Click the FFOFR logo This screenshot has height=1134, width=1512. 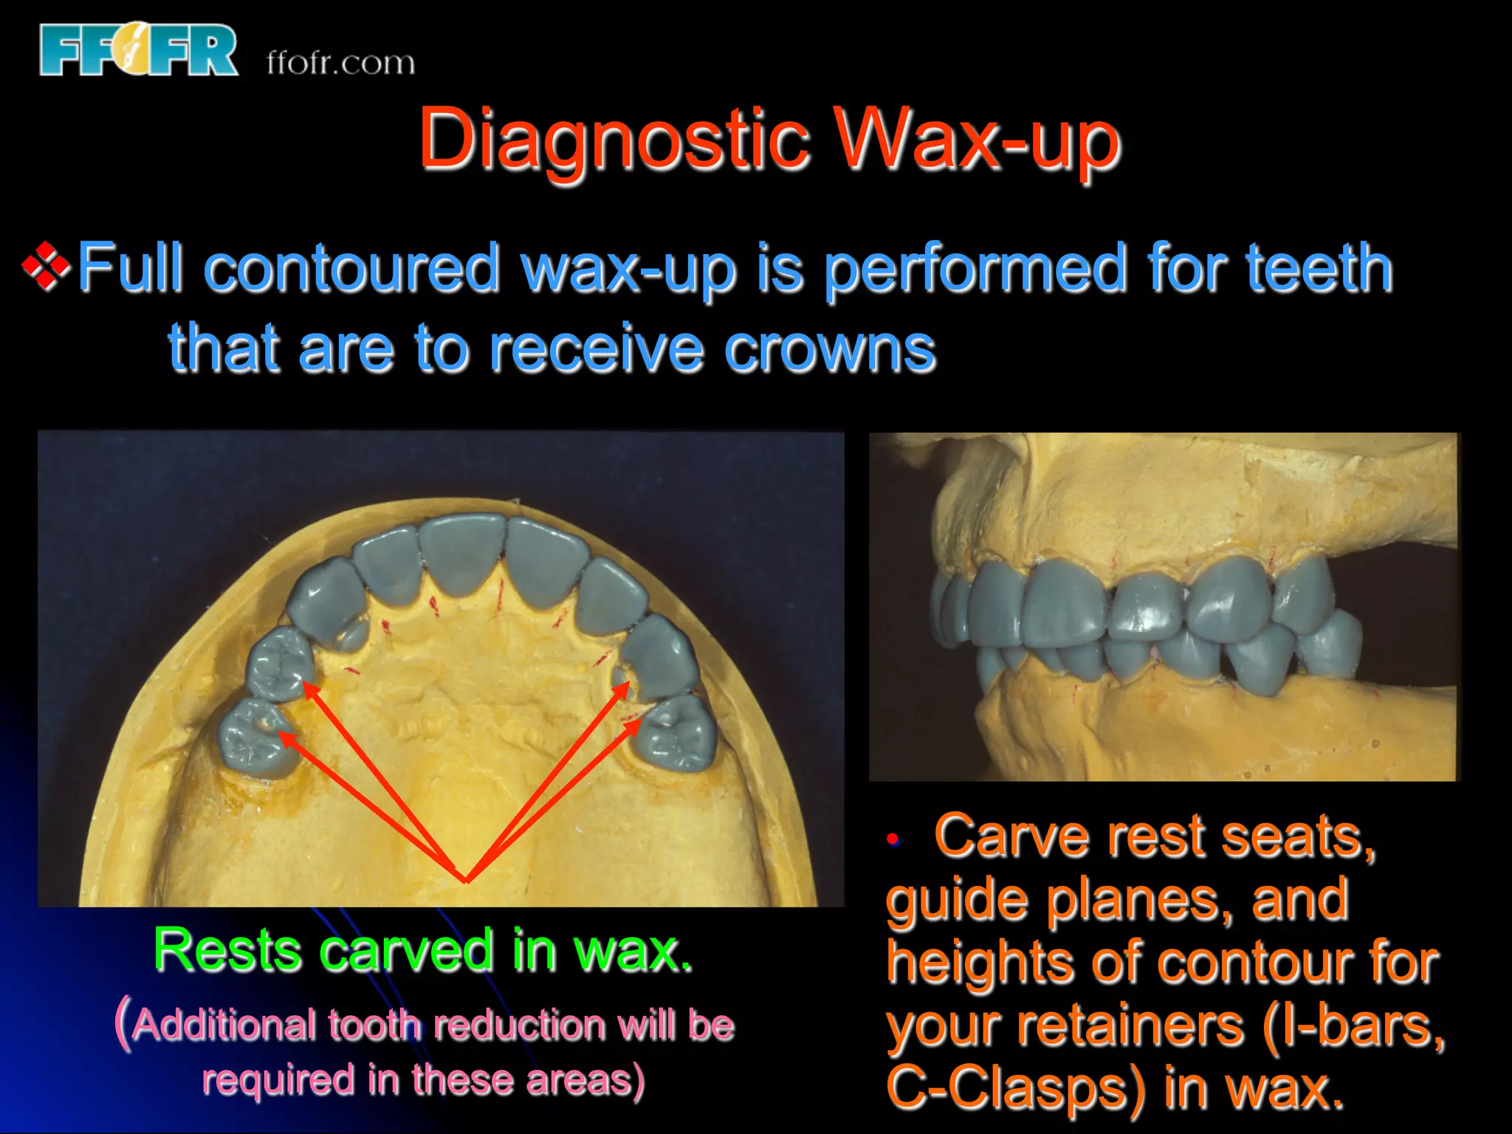139,50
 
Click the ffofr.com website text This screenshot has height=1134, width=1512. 340,63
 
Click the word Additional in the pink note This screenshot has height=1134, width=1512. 225,1025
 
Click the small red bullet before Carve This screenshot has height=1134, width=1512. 893,839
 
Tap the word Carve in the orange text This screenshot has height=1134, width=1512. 1011,836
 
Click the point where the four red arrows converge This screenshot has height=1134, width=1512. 466,880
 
